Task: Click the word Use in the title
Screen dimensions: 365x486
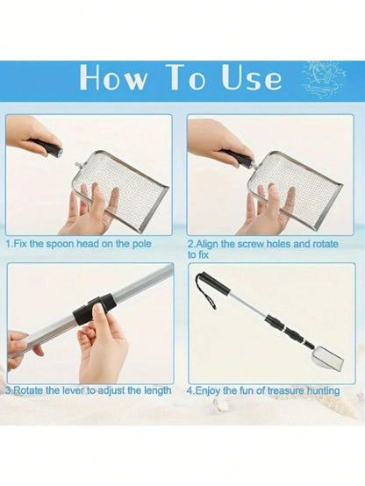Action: pos(252,78)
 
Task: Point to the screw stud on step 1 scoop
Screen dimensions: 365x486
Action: pos(76,163)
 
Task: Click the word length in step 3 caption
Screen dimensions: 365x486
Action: pos(158,390)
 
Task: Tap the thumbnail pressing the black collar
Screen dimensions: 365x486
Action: pos(97,308)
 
